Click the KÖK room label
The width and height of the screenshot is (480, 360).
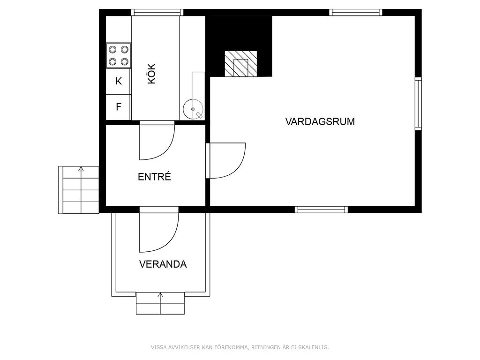pyautogui.click(x=152, y=74)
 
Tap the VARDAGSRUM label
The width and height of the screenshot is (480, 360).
pyautogui.click(x=320, y=121)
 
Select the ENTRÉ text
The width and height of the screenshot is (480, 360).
pyautogui.click(x=154, y=177)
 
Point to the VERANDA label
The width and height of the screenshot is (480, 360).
pyautogui.click(x=163, y=264)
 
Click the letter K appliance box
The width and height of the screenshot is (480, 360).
pyautogui.click(x=119, y=82)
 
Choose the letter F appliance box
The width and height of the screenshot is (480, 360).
pyautogui.click(x=119, y=107)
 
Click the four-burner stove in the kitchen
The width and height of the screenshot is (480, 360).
pyautogui.click(x=119, y=55)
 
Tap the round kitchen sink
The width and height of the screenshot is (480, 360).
pyautogui.click(x=193, y=109)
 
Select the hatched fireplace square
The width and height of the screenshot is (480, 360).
pyautogui.click(x=241, y=64)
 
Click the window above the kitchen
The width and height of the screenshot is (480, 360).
pyautogui.click(x=157, y=13)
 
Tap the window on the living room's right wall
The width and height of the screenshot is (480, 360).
pyautogui.click(x=418, y=104)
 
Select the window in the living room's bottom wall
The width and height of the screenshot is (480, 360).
pyautogui.click(x=322, y=210)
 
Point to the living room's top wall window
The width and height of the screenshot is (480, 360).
pyautogui.click(x=356, y=13)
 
